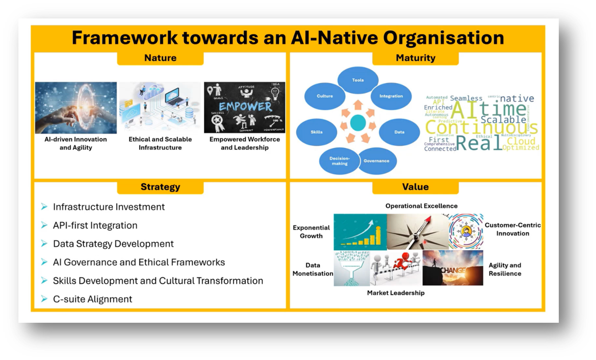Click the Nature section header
(160, 58)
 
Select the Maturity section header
(415, 58)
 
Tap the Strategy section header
(160, 187)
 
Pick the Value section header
(415, 187)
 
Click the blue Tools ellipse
(358, 80)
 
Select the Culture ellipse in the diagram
(325, 96)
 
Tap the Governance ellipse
(376, 161)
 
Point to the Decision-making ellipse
(339, 161)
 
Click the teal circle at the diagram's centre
(357, 123)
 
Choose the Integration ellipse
(391, 96)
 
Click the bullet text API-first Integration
(95, 225)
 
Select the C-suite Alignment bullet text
(92, 299)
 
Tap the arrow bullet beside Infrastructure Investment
(44, 207)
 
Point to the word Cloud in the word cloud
(521, 141)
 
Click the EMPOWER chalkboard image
(245, 107)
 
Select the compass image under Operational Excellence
(417, 232)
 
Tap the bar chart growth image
(360, 232)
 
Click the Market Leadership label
(396, 293)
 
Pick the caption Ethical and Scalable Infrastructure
(160, 144)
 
